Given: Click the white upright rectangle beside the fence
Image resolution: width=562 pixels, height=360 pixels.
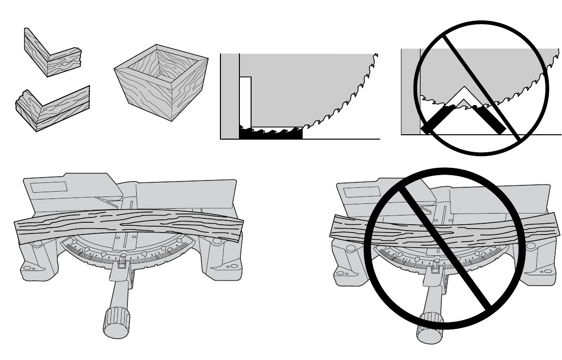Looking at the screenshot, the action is (245, 100).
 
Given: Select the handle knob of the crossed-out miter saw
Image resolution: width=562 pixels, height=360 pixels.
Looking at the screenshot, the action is (428, 330).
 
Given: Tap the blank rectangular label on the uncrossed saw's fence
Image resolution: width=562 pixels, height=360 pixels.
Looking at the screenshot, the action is (48, 187).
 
